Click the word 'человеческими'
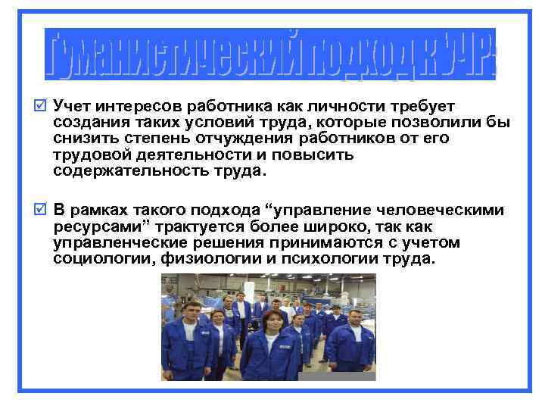(438, 211)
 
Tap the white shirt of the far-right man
(356, 334)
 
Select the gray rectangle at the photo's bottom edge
(337, 376)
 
